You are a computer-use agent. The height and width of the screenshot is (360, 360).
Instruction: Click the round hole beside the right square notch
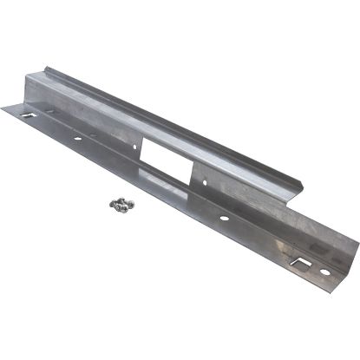click(324, 272)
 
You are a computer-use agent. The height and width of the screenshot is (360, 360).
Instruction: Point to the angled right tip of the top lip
click(304, 185)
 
